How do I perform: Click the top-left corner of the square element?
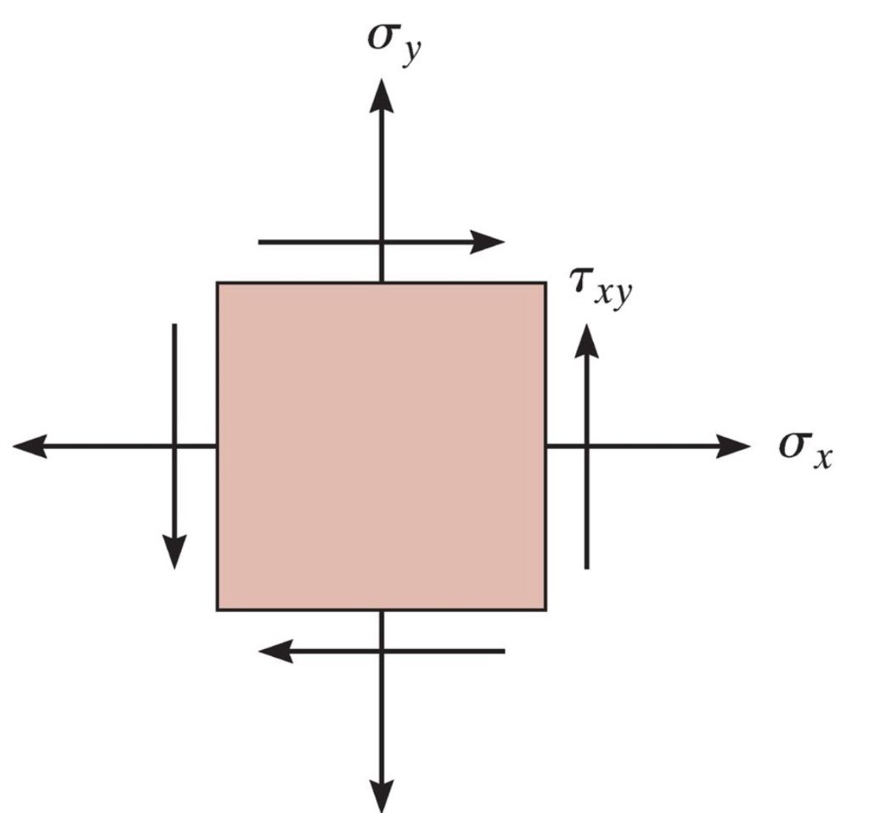point(217,283)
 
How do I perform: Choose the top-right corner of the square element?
point(545,283)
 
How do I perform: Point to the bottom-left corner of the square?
point(217,609)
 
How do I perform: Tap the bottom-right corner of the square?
point(545,609)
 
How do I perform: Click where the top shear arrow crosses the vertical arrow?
point(381,242)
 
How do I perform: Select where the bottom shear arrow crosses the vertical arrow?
point(381,651)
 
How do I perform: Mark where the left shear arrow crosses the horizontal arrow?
point(174,446)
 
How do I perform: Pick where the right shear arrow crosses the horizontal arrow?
point(586,446)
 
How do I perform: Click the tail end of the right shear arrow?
point(586,567)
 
